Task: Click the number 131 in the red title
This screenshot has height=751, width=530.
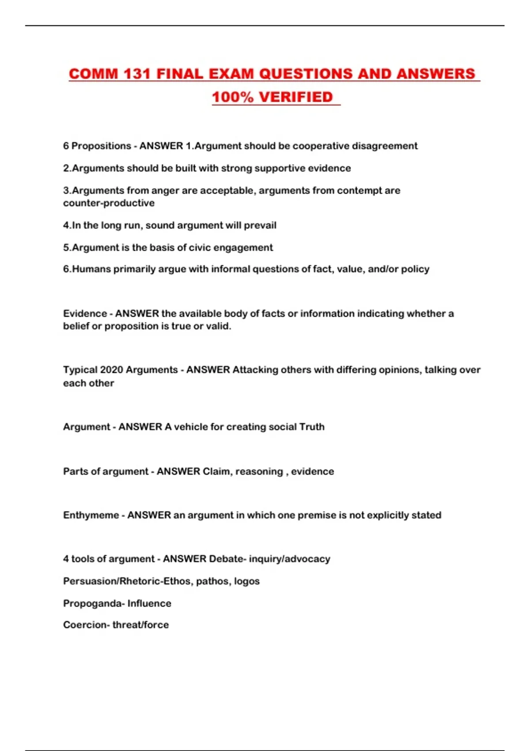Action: (137, 74)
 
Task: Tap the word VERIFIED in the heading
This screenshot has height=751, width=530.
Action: (295, 97)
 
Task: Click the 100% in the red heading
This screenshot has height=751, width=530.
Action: (233, 97)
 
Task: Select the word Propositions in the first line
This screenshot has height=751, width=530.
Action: (101, 146)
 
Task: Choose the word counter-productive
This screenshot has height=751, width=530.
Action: (109, 203)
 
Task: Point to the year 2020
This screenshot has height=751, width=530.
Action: (111, 370)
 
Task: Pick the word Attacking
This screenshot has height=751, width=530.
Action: (255, 370)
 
